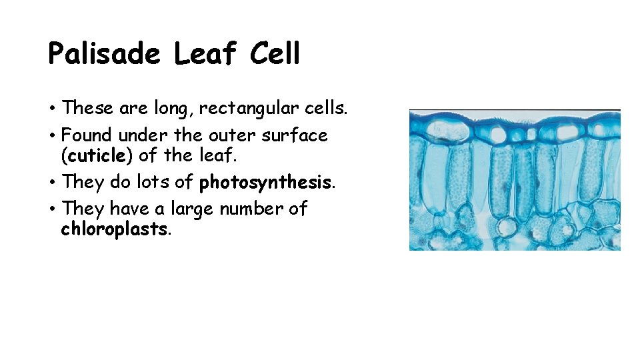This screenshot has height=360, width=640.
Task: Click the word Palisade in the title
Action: click(x=104, y=53)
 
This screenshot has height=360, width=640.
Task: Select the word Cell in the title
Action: click(x=276, y=53)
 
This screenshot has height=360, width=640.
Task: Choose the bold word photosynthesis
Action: click(x=266, y=182)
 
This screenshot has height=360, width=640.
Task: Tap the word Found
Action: click(x=87, y=135)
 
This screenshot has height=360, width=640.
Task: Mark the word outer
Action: click(x=230, y=135)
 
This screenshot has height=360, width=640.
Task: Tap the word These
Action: click(x=87, y=107)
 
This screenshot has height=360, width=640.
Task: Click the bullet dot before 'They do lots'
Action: click(x=51, y=183)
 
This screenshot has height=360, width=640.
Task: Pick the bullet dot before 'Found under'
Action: click(x=51, y=136)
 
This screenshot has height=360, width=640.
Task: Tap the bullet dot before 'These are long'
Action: click(x=51, y=108)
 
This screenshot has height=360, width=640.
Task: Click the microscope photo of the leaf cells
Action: click(x=515, y=180)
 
